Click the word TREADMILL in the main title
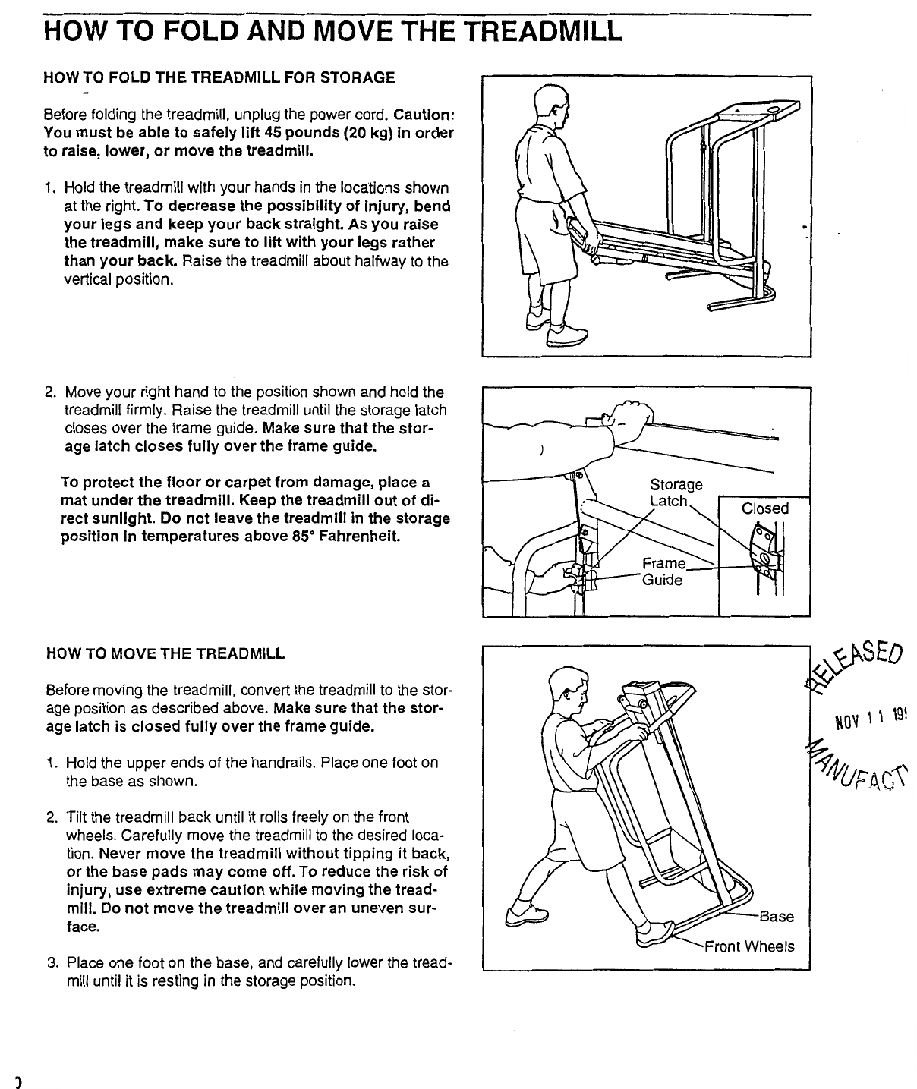point(542,31)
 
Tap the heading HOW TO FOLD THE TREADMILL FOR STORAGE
point(220,78)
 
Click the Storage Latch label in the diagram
point(676,493)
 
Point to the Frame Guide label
point(663,572)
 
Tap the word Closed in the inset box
point(765,508)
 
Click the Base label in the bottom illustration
point(776,917)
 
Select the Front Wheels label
point(749,946)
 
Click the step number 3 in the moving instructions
point(52,963)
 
